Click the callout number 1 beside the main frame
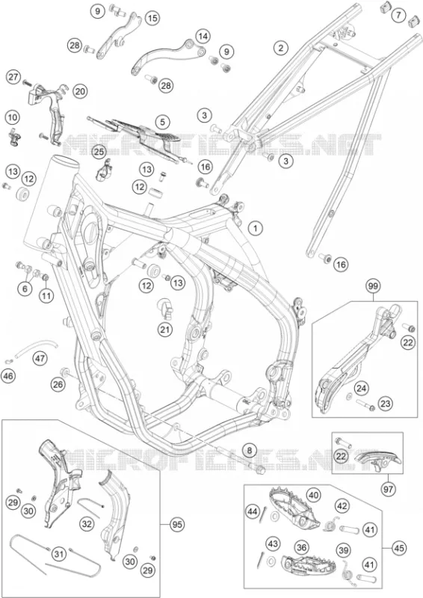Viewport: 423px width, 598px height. tap(256, 228)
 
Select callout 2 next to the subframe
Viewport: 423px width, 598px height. tap(281, 48)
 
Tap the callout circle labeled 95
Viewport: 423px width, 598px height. tap(176, 525)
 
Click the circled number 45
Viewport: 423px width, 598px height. tap(398, 548)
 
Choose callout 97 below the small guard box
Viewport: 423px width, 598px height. tap(389, 488)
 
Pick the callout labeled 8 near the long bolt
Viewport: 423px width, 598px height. tap(249, 451)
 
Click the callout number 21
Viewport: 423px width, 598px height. tap(164, 329)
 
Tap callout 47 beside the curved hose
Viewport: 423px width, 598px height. tap(40, 359)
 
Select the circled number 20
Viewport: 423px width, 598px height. tap(80, 91)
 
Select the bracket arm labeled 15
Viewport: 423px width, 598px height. tap(117, 35)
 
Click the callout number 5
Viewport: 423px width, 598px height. tap(162, 122)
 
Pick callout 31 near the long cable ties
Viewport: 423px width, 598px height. tap(58, 553)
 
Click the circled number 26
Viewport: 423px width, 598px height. tap(58, 385)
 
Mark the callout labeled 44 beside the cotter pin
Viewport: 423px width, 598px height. tap(253, 511)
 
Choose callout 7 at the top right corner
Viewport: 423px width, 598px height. tap(398, 15)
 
